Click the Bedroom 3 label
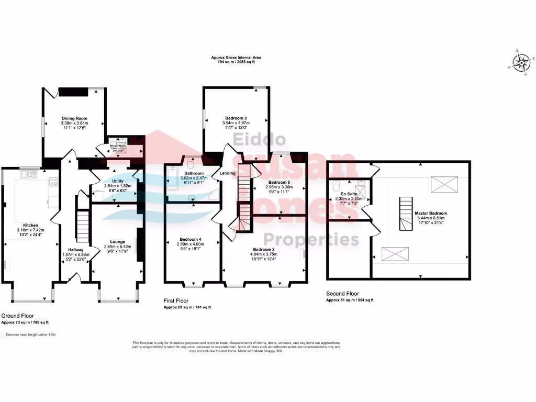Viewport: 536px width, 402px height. tap(236, 118)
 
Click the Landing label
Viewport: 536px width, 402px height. tap(227, 173)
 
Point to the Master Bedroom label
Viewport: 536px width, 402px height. tap(430, 214)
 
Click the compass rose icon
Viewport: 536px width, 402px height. tap(521, 64)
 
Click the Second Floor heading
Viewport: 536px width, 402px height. tap(343, 294)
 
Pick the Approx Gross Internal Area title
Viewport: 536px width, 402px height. tap(236, 58)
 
